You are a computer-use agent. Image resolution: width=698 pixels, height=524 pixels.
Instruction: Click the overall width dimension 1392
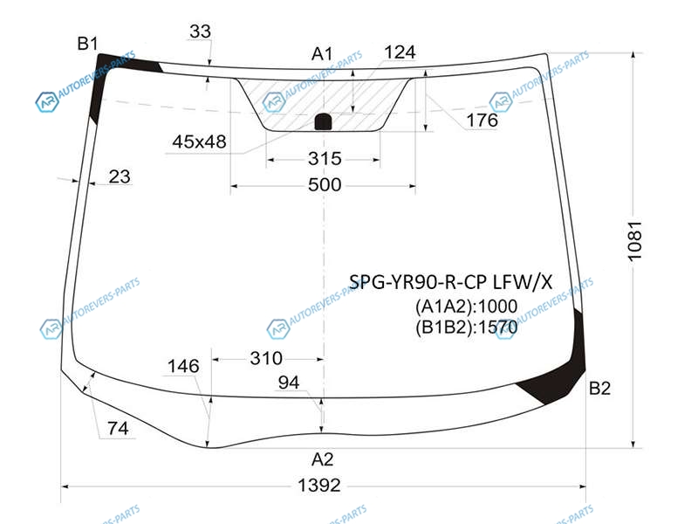pyautogui.click(x=318, y=486)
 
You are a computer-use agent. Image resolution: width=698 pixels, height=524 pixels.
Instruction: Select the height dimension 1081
pyautogui.click(x=634, y=241)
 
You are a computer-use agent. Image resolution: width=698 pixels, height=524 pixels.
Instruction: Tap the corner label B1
pyautogui.click(x=87, y=44)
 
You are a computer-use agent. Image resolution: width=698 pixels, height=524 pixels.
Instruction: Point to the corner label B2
pyautogui.click(x=599, y=388)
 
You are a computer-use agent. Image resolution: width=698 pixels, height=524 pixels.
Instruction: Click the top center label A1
pyautogui.click(x=322, y=54)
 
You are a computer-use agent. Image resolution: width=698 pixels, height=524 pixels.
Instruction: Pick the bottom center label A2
pyautogui.click(x=322, y=459)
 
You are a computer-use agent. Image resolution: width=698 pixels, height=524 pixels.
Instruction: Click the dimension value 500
pyautogui.click(x=325, y=184)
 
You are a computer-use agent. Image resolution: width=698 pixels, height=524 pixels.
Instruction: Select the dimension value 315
pyautogui.click(x=325, y=159)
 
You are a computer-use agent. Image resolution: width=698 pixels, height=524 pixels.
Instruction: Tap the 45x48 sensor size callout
pyautogui.click(x=199, y=141)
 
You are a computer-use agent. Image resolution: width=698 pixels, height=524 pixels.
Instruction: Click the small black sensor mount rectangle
pyautogui.click(x=323, y=121)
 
